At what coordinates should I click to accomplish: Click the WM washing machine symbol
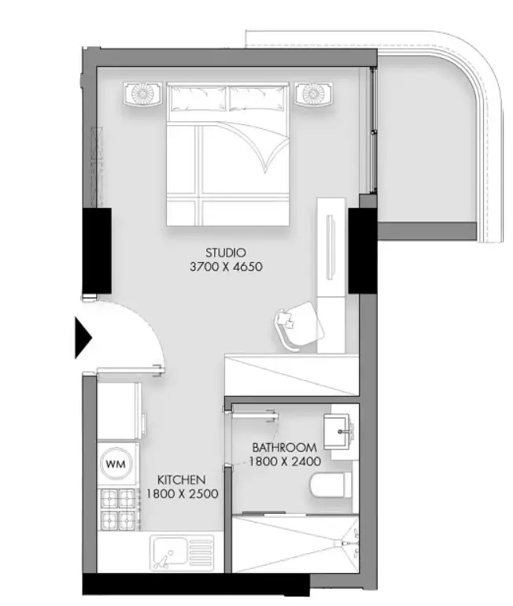coord(116,464)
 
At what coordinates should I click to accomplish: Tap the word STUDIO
coord(226,253)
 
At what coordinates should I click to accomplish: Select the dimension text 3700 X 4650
coord(226,267)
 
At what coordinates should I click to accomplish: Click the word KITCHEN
coord(181,480)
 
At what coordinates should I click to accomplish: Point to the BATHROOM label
coord(284,448)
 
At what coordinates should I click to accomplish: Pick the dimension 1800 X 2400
coord(284,461)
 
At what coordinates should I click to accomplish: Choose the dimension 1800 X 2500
coord(182,494)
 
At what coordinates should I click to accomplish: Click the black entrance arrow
coord(83,338)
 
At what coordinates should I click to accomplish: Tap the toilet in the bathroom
coord(330,486)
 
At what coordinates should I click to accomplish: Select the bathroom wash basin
coord(339,431)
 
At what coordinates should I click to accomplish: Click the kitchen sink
coord(182,553)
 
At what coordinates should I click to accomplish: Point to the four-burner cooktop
coord(118,509)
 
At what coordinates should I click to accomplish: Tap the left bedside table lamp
coord(142,94)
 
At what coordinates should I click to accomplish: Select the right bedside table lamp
coord(314,94)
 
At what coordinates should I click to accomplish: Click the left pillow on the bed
coord(198,98)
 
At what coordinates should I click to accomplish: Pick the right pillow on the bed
coord(256,98)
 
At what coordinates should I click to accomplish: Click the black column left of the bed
coord(97,251)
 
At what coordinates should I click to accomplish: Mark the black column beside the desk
coord(363,251)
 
